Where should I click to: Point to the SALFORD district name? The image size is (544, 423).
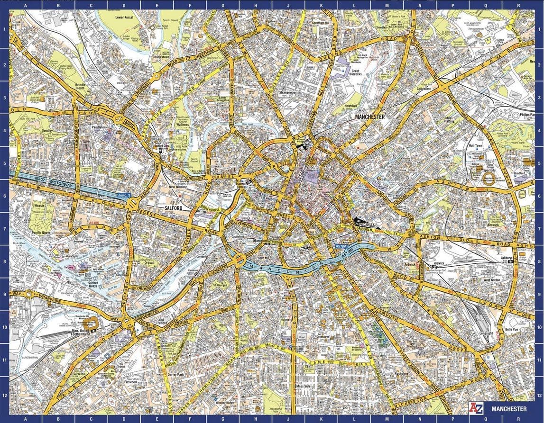tap(174, 208)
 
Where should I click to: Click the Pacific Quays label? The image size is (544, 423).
tap(41, 233)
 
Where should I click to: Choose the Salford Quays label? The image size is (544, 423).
tap(90, 284)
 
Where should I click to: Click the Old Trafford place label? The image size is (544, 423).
tap(163, 323)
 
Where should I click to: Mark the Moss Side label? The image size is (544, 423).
tap(303, 387)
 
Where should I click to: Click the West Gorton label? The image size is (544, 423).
tap(492, 280)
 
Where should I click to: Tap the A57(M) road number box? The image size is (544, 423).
tap(341, 247)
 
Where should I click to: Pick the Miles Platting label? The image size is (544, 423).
tap(449, 119)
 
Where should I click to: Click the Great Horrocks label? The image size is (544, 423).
tap(356, 72)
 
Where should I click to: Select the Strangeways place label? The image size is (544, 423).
tap(288, 92)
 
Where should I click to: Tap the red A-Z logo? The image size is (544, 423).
tap(475, 408)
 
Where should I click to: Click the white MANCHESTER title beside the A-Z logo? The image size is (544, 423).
tap(509, 409)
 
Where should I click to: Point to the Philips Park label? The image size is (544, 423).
tap(527, 114)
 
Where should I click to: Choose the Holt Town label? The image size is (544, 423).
tap(475, 146)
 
